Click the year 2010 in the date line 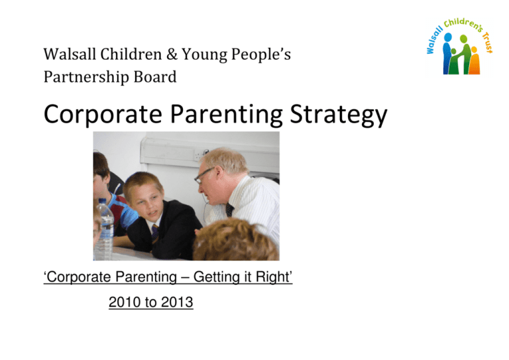122,303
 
